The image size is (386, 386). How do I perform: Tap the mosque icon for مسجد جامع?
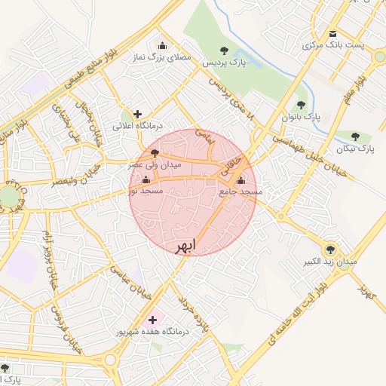[240, 181]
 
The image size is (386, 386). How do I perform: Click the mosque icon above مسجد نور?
[146, 181]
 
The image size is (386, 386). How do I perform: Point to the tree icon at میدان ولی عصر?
[155, 154]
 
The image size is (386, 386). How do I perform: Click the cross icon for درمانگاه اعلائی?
[136, 114]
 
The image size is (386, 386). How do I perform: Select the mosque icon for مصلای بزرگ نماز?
[161, 45]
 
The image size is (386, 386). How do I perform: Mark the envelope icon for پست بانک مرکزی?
[333, 33]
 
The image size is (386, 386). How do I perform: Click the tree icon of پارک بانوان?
[301, 106]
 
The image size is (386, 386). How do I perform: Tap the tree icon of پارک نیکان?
[355, 136]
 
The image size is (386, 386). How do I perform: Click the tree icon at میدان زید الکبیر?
[329, 250]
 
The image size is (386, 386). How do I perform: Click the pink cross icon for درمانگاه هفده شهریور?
[154, 320]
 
